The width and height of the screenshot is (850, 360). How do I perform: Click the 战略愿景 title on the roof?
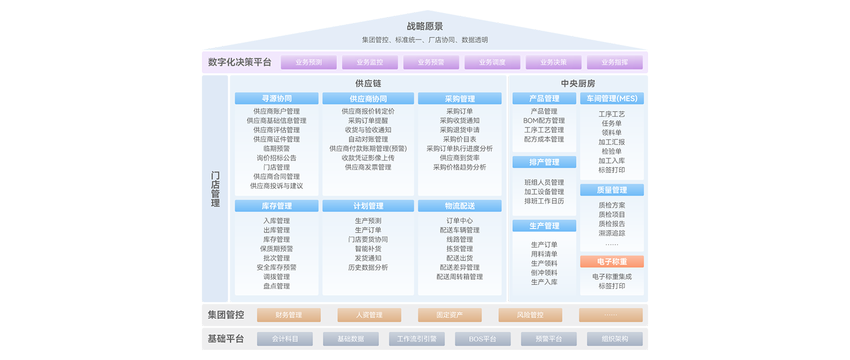point(425,26)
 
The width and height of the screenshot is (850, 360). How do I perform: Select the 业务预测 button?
point(309,62)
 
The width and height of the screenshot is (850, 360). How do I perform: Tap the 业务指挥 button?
point(614,62)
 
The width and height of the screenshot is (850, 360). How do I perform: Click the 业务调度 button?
point(492,62)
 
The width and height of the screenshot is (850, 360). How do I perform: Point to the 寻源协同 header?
point(277,99)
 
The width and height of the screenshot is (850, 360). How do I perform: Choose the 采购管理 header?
point(460,99)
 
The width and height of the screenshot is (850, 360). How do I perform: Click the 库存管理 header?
point(277,206)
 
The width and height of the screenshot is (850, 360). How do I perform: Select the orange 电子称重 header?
point(612,261)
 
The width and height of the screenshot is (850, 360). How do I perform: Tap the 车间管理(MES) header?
point(612,99)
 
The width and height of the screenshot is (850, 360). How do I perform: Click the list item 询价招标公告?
point(277,158)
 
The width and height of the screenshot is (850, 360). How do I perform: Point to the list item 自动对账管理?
point(368,139)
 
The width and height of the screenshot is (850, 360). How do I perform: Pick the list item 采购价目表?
point(460,139)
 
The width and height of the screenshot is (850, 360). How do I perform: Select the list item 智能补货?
point(368,249)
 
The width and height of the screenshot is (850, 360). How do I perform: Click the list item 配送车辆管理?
point(460,230)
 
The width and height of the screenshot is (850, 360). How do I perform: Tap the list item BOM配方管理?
point(544,120)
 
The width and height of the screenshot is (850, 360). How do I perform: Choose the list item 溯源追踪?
point(612,233)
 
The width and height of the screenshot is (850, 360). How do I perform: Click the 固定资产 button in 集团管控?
point(450,315)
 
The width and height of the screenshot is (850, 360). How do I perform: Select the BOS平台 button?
point(482,339)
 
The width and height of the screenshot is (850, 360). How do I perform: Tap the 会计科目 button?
point(285,339)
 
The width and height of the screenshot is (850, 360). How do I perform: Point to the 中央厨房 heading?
point(578,84)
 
